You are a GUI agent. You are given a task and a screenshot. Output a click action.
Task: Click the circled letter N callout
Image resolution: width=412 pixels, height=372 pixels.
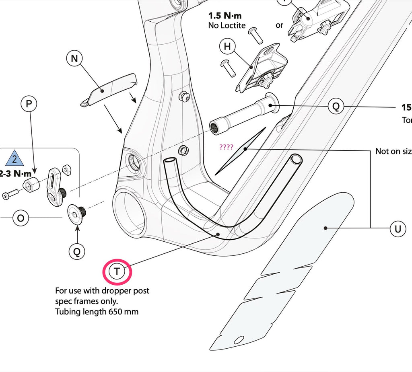point(74,59)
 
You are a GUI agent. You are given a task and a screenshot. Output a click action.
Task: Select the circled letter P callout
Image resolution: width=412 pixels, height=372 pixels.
point(29,104)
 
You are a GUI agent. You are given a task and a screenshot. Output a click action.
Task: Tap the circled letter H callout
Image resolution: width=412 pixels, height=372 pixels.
point(227,47)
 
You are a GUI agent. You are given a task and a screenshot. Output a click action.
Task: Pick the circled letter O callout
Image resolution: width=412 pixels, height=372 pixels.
point(21,218)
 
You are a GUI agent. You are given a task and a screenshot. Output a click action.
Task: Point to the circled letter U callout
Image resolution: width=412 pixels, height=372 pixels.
point(398,229)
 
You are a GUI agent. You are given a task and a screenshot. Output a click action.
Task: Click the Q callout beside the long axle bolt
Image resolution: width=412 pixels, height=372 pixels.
point(336,107)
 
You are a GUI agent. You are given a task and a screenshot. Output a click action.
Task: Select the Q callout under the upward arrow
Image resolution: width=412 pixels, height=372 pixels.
point(77,252)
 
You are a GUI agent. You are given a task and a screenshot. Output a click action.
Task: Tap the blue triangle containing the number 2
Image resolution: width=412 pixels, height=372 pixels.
point(15,158)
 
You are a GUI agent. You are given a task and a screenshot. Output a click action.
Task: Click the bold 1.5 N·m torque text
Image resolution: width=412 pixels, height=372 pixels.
point(225,16)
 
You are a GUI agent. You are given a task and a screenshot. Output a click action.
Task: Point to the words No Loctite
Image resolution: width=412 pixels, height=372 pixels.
point(227,25)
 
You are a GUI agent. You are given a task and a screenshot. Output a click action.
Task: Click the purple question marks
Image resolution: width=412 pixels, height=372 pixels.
point(226,147)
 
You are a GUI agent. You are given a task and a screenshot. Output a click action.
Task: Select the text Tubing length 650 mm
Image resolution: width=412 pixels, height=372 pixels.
point(97,312)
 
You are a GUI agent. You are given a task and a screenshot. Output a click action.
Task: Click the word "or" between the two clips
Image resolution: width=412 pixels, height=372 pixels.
point(279,25)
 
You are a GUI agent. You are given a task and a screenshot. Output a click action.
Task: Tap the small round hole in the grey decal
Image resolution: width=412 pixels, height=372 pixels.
point(239,340)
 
